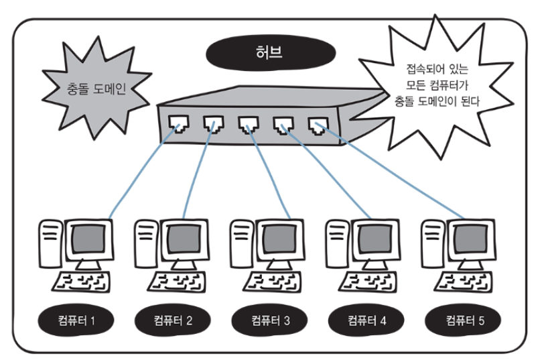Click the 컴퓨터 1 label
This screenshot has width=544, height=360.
tap(75, 320)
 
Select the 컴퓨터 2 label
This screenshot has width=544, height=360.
tap(172, 320)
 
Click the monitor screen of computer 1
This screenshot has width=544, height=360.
tap(87, 238)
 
